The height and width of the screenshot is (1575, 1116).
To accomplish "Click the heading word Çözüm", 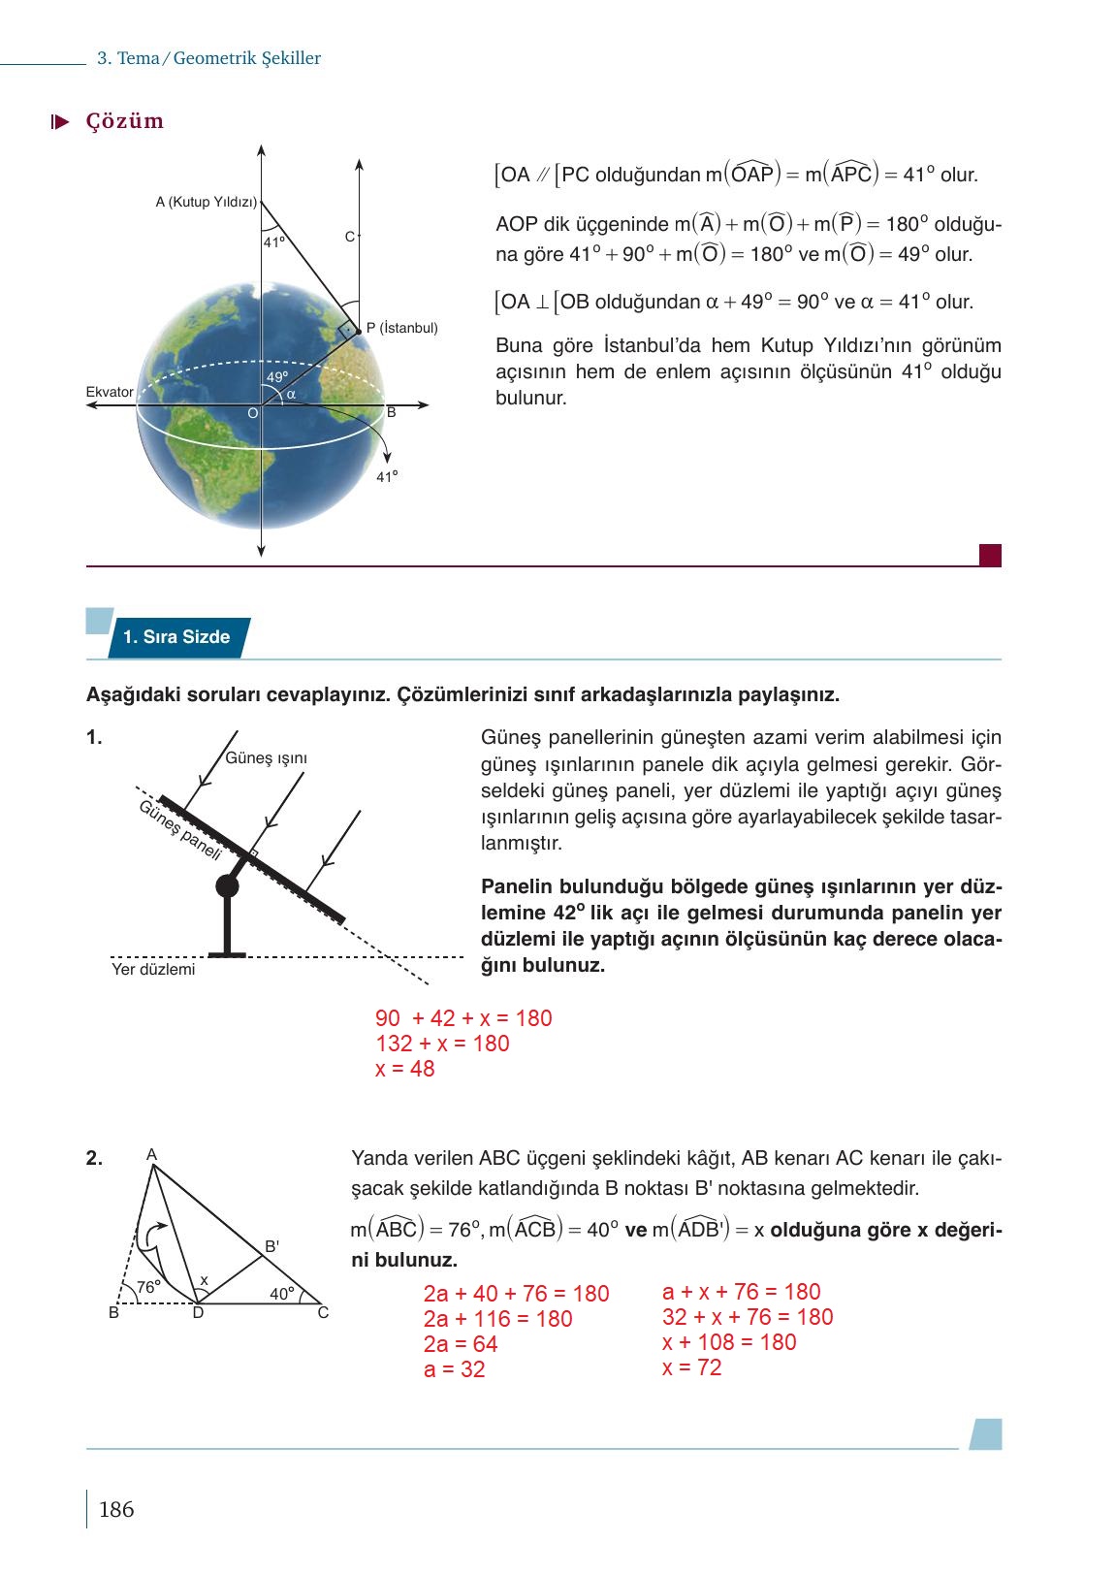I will click(124, 121).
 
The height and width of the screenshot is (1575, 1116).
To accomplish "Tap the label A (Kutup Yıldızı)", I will click(206, 203).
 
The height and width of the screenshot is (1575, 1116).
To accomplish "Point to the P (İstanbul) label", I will click(401, 328).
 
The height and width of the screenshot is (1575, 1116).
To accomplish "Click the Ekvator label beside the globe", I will click(110, 392).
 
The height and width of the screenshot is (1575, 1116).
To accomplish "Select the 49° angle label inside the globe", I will click(277, 377).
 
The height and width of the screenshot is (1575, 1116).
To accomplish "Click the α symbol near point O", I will click(291, 394).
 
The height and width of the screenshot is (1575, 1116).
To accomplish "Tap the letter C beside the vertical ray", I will click(349, 237).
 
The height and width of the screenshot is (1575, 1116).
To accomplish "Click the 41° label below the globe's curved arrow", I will click(387, 476).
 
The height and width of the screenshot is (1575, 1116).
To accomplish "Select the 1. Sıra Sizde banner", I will click(177, 637).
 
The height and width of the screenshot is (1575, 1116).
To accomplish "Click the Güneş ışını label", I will click(266, 757).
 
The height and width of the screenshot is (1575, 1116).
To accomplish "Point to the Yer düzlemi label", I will click(152, 969).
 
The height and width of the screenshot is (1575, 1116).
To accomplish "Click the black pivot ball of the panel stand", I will click(227, 885).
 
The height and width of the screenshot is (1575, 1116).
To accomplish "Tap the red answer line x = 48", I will click(404, 1069).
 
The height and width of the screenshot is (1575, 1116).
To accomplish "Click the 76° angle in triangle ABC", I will click(147, 1287).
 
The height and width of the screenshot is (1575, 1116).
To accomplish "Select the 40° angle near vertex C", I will click(281, 1294).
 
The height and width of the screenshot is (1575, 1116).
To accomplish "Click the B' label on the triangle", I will click(272, 1246).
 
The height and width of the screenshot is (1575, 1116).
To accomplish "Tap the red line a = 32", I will click(454, 1369).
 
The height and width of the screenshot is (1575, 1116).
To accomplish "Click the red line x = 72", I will click(691, 1367).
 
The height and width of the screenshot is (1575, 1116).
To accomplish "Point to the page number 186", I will click(116, 1509).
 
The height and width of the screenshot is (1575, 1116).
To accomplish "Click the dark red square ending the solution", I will click(990, 555).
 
